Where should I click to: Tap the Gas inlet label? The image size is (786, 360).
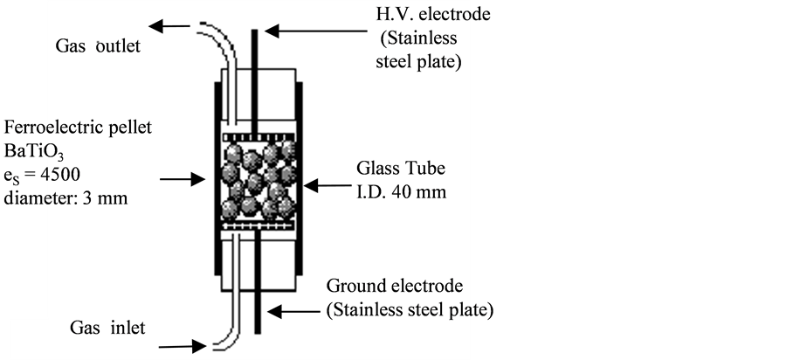[107, 328]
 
